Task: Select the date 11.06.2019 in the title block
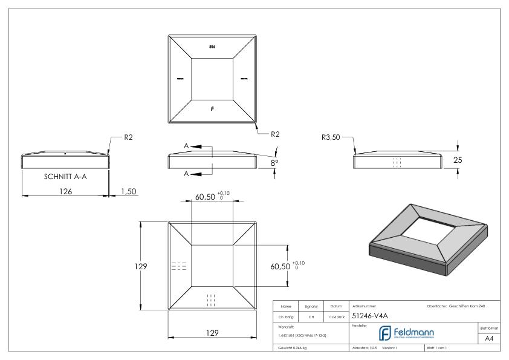(336, 316)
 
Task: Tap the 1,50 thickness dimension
(129, 191)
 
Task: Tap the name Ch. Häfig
(287, 316)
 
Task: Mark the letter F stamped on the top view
(212, 109)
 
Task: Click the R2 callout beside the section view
(128, 138)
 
